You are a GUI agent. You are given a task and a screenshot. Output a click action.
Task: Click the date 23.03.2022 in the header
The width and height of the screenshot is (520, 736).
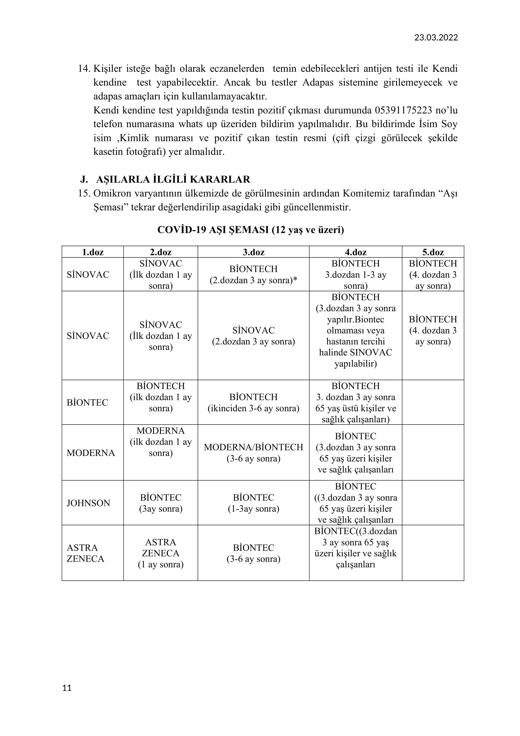pos(436,38)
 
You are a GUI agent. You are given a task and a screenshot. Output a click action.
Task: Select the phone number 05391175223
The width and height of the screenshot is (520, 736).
pos(403,110)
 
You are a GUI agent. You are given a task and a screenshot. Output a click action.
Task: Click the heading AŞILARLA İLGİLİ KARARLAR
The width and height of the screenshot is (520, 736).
pos(173,179)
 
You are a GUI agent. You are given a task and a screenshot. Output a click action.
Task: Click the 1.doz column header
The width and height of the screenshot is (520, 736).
pos(92,252)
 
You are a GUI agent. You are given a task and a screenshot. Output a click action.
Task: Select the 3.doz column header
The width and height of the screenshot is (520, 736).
pos(253,252)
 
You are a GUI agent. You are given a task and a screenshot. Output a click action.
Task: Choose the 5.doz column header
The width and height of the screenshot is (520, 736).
pos(433,252)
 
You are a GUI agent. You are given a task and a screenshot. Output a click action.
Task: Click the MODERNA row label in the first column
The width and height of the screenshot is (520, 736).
pos(91,452)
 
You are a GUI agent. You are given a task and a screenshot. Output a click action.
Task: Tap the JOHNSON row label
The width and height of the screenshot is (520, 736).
pos(88,503)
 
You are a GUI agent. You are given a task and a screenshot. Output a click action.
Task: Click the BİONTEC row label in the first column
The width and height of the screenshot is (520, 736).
pos(87,402)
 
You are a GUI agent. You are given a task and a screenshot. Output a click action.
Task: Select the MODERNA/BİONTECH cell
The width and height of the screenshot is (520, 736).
pos(253,452)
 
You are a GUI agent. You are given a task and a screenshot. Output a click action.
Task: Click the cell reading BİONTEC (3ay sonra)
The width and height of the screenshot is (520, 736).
pos(160,503)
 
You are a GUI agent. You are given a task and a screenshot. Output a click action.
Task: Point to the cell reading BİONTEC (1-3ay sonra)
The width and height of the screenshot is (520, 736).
pos(253,503)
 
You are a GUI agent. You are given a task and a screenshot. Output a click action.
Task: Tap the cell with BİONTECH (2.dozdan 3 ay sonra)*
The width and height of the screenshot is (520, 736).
pos(253,274)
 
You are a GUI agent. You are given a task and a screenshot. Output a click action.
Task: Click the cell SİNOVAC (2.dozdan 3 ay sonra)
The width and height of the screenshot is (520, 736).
pos(253,336)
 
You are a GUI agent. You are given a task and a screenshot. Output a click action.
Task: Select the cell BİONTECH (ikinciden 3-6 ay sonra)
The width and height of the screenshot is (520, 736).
pos(253,402)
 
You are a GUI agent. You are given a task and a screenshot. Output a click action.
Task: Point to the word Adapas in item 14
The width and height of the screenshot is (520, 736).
pos(318,82)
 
